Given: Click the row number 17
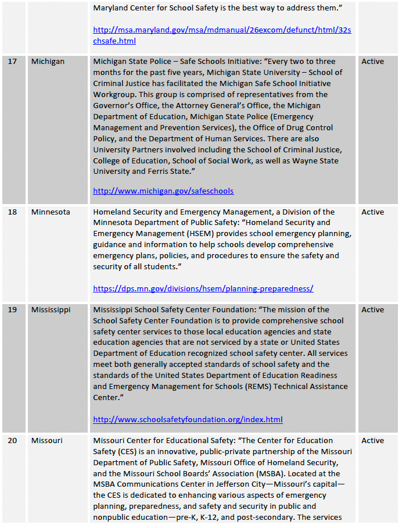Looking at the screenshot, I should coord(12,62).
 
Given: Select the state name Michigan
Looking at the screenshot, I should coord(48,62).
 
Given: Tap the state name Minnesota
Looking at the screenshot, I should coord(51,212).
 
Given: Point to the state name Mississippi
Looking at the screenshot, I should coord(51,310).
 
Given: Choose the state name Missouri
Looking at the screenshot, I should coord(46,441).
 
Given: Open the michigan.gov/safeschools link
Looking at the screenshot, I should coord(163,191).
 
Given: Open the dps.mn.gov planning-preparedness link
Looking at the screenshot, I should coord(203,289).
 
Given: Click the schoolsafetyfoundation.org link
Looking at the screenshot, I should coord(188,420).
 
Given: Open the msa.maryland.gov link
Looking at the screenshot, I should coord(222,29).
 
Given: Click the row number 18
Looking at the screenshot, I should coord(12,212).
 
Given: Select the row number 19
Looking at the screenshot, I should coord(12,310).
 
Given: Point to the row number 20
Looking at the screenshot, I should coord(12,441).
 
